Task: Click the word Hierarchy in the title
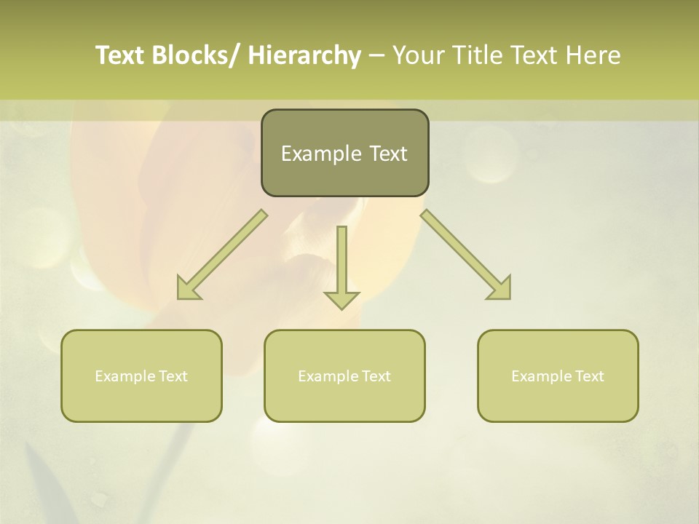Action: click(304, 55)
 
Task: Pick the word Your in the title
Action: click(417, 55)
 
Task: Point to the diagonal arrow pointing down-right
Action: click(462, 251)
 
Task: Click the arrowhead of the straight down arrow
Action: click(342, 299)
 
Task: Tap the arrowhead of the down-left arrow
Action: click(188, 290)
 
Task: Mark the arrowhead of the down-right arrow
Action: click(501, 290)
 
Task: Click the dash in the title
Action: click(376, 55)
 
